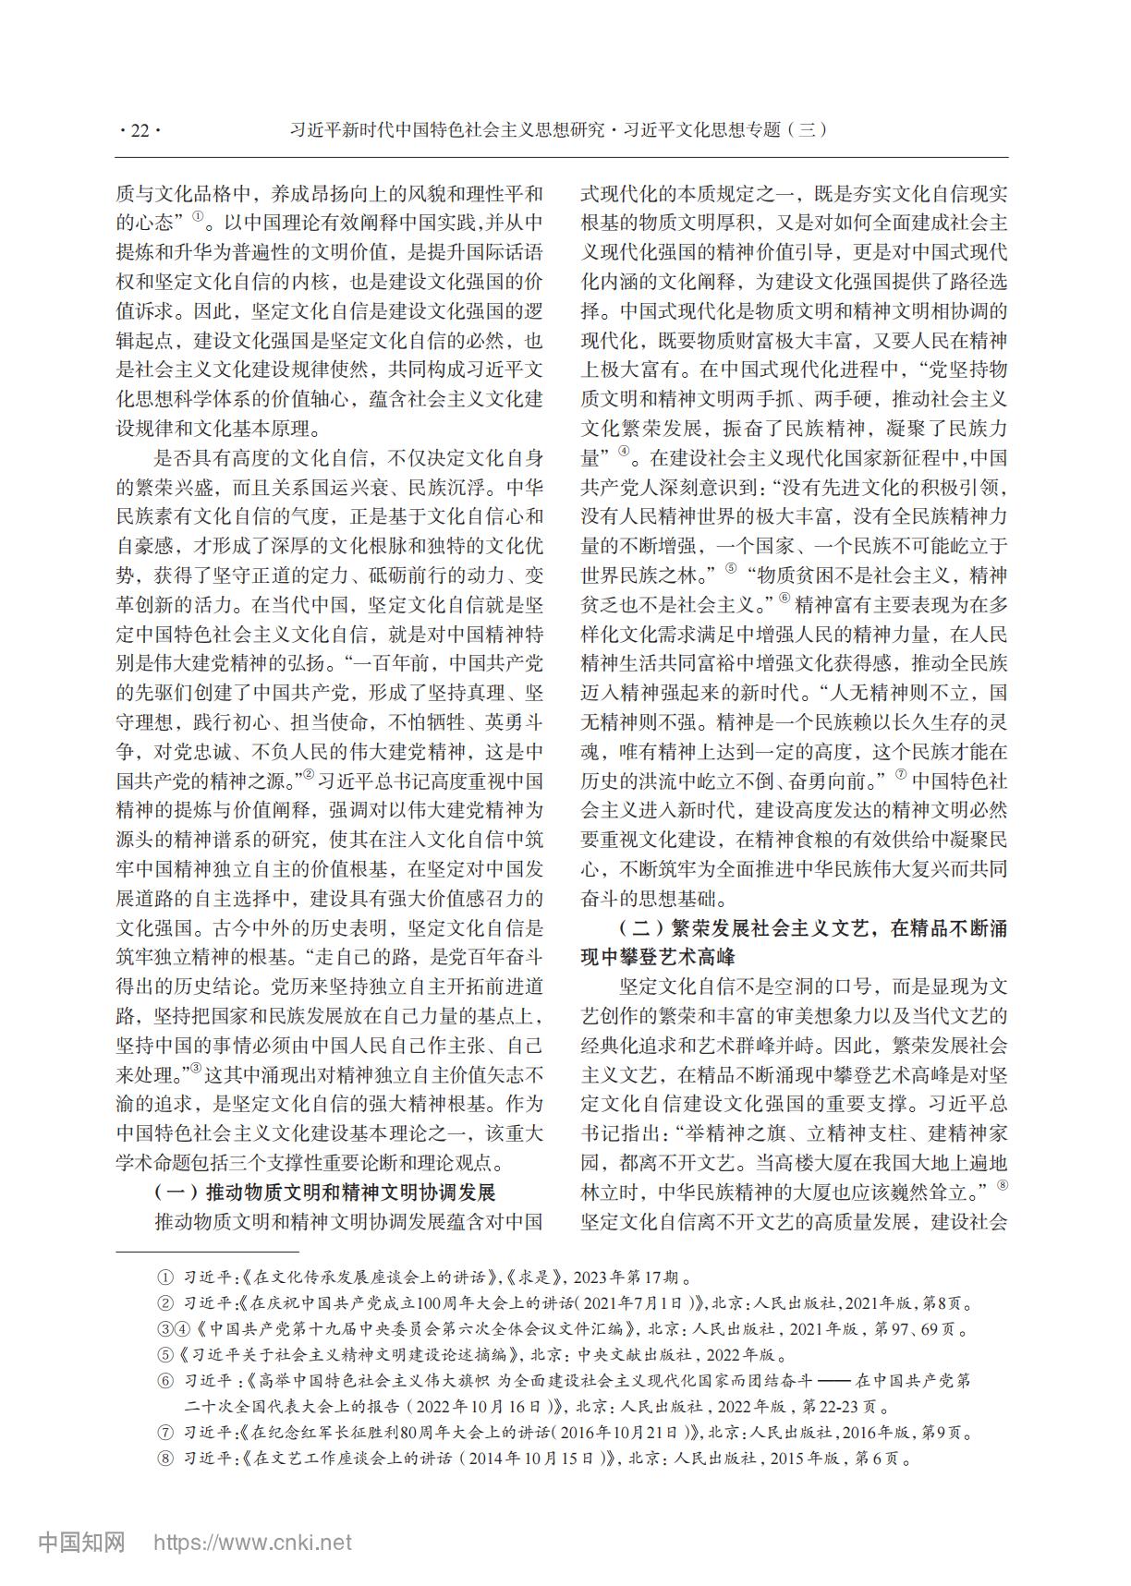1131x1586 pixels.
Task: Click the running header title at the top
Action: click(558, 130)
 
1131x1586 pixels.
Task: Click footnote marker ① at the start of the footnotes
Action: click(164, 1278)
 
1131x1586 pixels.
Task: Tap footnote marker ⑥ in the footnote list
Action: click(164, 1382)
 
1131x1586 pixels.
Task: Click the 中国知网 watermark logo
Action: click(81, 1542)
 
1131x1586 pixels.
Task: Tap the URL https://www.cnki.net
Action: click(252, 1543)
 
